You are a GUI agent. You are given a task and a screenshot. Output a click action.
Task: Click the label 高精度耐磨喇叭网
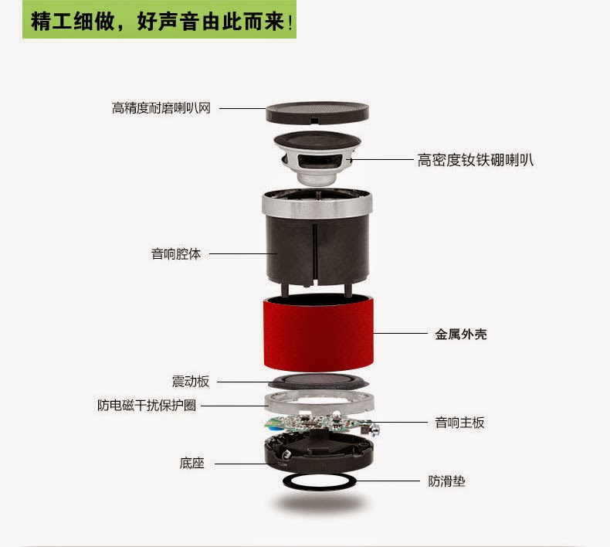tap(161, 108)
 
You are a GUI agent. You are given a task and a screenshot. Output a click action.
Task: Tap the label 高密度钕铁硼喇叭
tap(475, 160)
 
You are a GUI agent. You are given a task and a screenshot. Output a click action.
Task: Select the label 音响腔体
tap(176, 254)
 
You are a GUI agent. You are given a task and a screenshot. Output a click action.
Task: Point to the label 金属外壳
tap(461, 334)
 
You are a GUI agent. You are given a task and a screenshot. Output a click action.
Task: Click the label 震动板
tap(191, 382)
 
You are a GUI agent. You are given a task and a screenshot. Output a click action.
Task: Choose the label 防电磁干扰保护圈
tap(146, 406)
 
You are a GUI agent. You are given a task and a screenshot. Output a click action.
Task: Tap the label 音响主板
tap(459, 423)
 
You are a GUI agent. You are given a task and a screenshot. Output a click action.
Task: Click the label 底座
tap(191, 463)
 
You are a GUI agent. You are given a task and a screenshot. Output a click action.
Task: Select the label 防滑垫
tap(446, 481)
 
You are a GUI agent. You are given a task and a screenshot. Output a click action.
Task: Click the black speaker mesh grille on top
tap(317, 113)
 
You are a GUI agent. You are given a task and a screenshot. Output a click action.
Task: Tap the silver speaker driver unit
tap(317, 158)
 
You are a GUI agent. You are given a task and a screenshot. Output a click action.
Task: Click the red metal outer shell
tap(319, 333)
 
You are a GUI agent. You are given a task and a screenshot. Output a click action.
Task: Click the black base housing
tap(319, 454)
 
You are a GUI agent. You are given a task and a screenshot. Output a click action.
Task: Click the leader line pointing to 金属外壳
tap(400, 333)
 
